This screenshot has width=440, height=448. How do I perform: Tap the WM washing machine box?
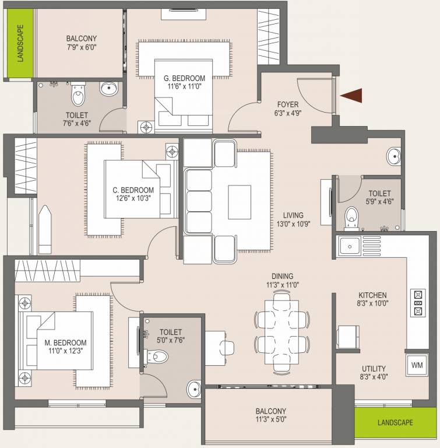point(417,365)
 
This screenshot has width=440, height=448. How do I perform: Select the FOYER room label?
point(286,106)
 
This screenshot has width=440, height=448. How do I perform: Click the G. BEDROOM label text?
point(184,78)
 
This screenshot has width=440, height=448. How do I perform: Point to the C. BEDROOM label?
point(133,190)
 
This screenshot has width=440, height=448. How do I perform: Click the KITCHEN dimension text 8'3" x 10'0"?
point(373,303)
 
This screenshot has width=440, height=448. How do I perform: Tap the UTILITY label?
point(373,368)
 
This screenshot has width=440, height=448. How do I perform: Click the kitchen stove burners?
point(418,302)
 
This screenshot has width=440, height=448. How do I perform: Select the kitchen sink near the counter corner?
point(349,244)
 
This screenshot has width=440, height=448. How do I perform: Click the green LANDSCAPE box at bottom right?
point(395,422)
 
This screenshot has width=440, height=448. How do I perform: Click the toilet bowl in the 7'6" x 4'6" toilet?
point(78,93)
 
